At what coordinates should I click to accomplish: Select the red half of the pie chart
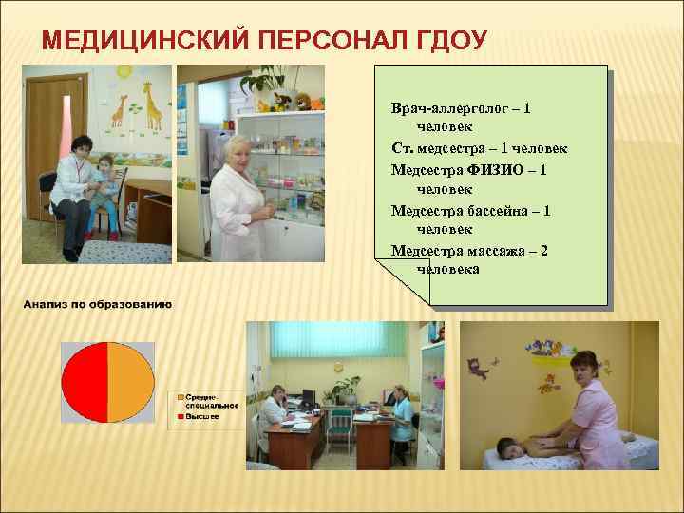coord(84,382)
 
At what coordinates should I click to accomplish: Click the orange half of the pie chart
coord(130,382)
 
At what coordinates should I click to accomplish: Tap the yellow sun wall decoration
coord(123,71)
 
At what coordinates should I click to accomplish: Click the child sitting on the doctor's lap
coord(104,190)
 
